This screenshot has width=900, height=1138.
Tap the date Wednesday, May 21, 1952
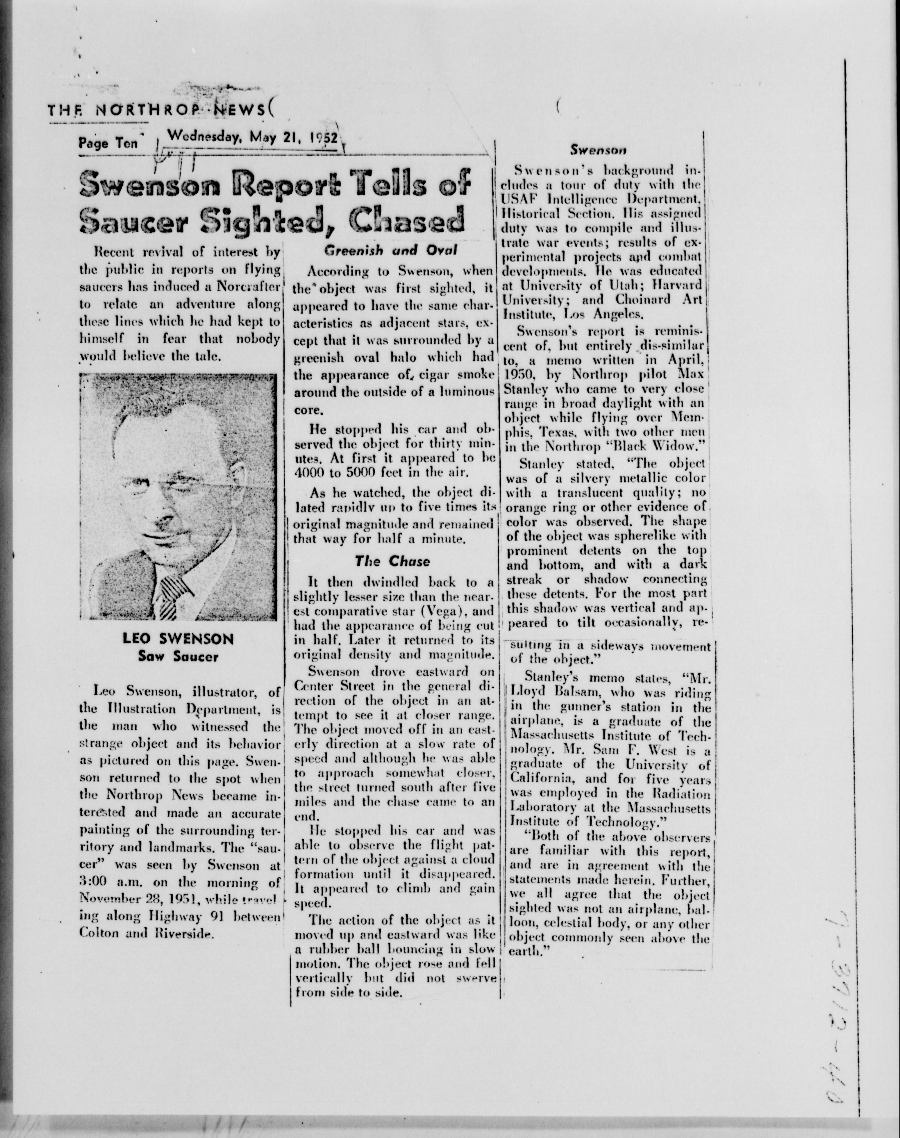coord(251,138)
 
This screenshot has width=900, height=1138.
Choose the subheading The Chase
coord(392,561)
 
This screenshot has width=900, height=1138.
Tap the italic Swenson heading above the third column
coord(598,150)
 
